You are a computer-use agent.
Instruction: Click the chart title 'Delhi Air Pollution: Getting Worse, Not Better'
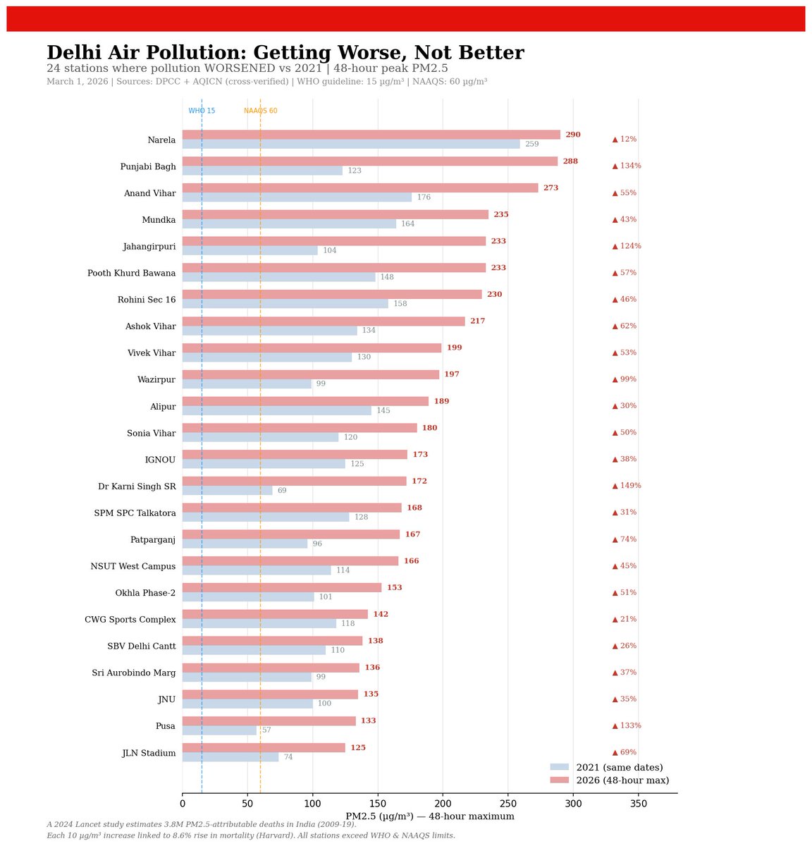285,53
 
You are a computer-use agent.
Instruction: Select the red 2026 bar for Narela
371,135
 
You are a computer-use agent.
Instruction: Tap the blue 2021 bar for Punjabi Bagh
262,171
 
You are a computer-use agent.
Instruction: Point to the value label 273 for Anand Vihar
550,188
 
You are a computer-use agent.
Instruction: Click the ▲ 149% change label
626,486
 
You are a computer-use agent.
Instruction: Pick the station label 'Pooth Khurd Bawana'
131,274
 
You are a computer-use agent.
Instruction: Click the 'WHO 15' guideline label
202,111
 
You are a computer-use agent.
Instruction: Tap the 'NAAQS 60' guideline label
260,111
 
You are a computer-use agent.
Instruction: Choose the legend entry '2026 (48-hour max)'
622,780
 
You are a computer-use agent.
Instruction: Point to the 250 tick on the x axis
508,804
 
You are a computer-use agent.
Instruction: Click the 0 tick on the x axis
183,804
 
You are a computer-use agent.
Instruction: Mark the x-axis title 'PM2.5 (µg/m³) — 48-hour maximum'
429,816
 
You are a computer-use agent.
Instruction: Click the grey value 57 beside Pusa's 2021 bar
266,730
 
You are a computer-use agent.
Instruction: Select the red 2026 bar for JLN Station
264,747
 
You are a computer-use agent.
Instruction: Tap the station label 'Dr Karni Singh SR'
137,486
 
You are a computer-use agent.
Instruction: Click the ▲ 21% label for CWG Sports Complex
624,619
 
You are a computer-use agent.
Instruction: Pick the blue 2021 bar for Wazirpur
247,384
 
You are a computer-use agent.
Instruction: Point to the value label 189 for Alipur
441,402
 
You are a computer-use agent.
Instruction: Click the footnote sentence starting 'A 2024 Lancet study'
202,825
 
